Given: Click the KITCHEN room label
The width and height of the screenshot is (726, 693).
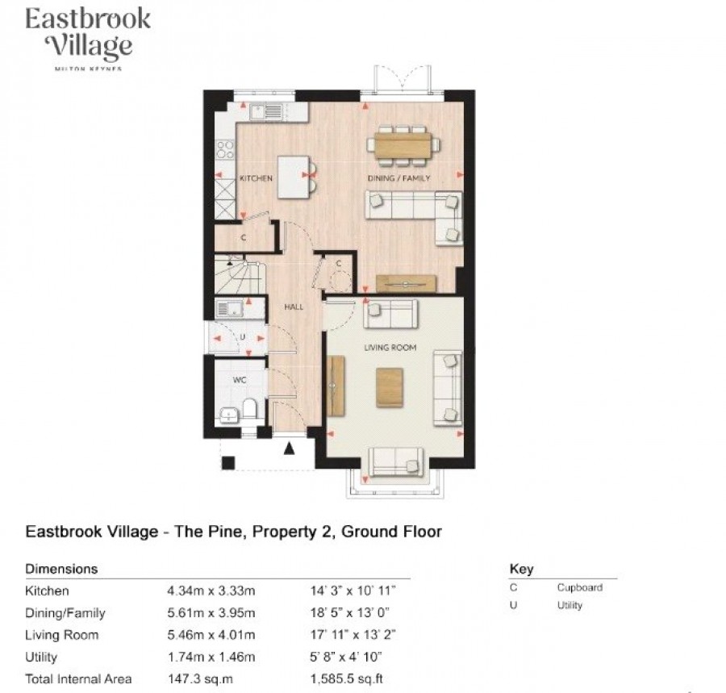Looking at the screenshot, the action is pos(256,178).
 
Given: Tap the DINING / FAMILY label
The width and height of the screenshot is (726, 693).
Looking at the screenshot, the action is pos(398,178).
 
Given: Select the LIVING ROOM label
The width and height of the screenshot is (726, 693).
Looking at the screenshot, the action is pos(390,347).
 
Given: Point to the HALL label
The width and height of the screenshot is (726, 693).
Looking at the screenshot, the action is pos(294,307).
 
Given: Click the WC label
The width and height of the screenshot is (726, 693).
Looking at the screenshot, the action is pos(240,380).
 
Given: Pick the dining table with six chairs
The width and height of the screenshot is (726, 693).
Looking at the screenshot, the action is pos(404,145).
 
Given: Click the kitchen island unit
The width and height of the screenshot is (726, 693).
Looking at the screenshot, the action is pos(294,177).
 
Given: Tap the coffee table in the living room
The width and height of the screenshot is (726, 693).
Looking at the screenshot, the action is pos(390,387).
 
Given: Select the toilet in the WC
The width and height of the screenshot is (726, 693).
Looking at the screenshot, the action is pos(250,409).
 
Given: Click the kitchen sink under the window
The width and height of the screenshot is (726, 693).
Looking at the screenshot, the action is pos(265,111).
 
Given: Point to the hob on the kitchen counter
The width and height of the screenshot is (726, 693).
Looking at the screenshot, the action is pos(226,149).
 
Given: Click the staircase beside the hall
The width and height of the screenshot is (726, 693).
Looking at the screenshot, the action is pos(240,277).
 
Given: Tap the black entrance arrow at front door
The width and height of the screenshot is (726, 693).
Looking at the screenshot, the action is pos(290,448).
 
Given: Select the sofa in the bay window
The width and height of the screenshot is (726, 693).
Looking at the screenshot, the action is pos(395,462).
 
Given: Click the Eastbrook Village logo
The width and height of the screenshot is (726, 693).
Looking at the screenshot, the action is pos(88,39).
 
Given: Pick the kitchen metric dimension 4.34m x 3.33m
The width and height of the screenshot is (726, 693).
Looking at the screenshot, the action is pos(211,591).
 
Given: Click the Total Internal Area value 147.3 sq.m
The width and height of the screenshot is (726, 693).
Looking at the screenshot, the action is pos(200,679).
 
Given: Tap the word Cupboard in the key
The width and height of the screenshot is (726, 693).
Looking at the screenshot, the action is pos(580,587).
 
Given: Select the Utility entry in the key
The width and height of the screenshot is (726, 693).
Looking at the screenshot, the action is pos(570,605).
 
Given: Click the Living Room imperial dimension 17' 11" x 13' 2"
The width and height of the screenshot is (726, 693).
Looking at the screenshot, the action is pos(353,635).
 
